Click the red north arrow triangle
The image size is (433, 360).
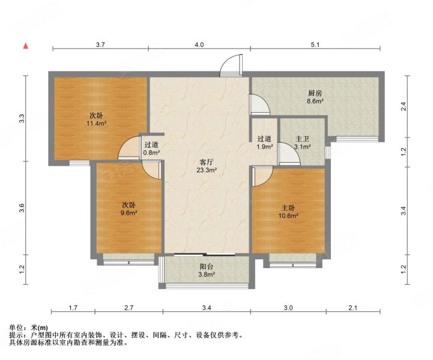[x=26, y=46]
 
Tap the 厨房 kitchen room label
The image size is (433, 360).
[x=315, y=93]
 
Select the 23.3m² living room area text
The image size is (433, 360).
[x=207, y=170]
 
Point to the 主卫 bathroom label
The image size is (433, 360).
[x=302, y=139]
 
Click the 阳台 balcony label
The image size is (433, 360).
[x=207, y=267]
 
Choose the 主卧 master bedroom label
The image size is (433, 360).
[x=288, y=208]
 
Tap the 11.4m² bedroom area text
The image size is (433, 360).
[x=96, y=124]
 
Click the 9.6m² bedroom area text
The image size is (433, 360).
[x=129, y=212]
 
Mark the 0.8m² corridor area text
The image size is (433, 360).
[x=151, y=152]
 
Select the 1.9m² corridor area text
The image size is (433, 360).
[x=265, y=147]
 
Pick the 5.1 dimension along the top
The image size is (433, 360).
[x=315, y=44]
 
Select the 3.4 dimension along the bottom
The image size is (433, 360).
[x=207, y=308]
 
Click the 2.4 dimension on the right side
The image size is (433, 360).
[x=404, y=106]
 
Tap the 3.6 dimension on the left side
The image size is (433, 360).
[x=22, y=208]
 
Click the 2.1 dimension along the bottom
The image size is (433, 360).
[x=353, y=308]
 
